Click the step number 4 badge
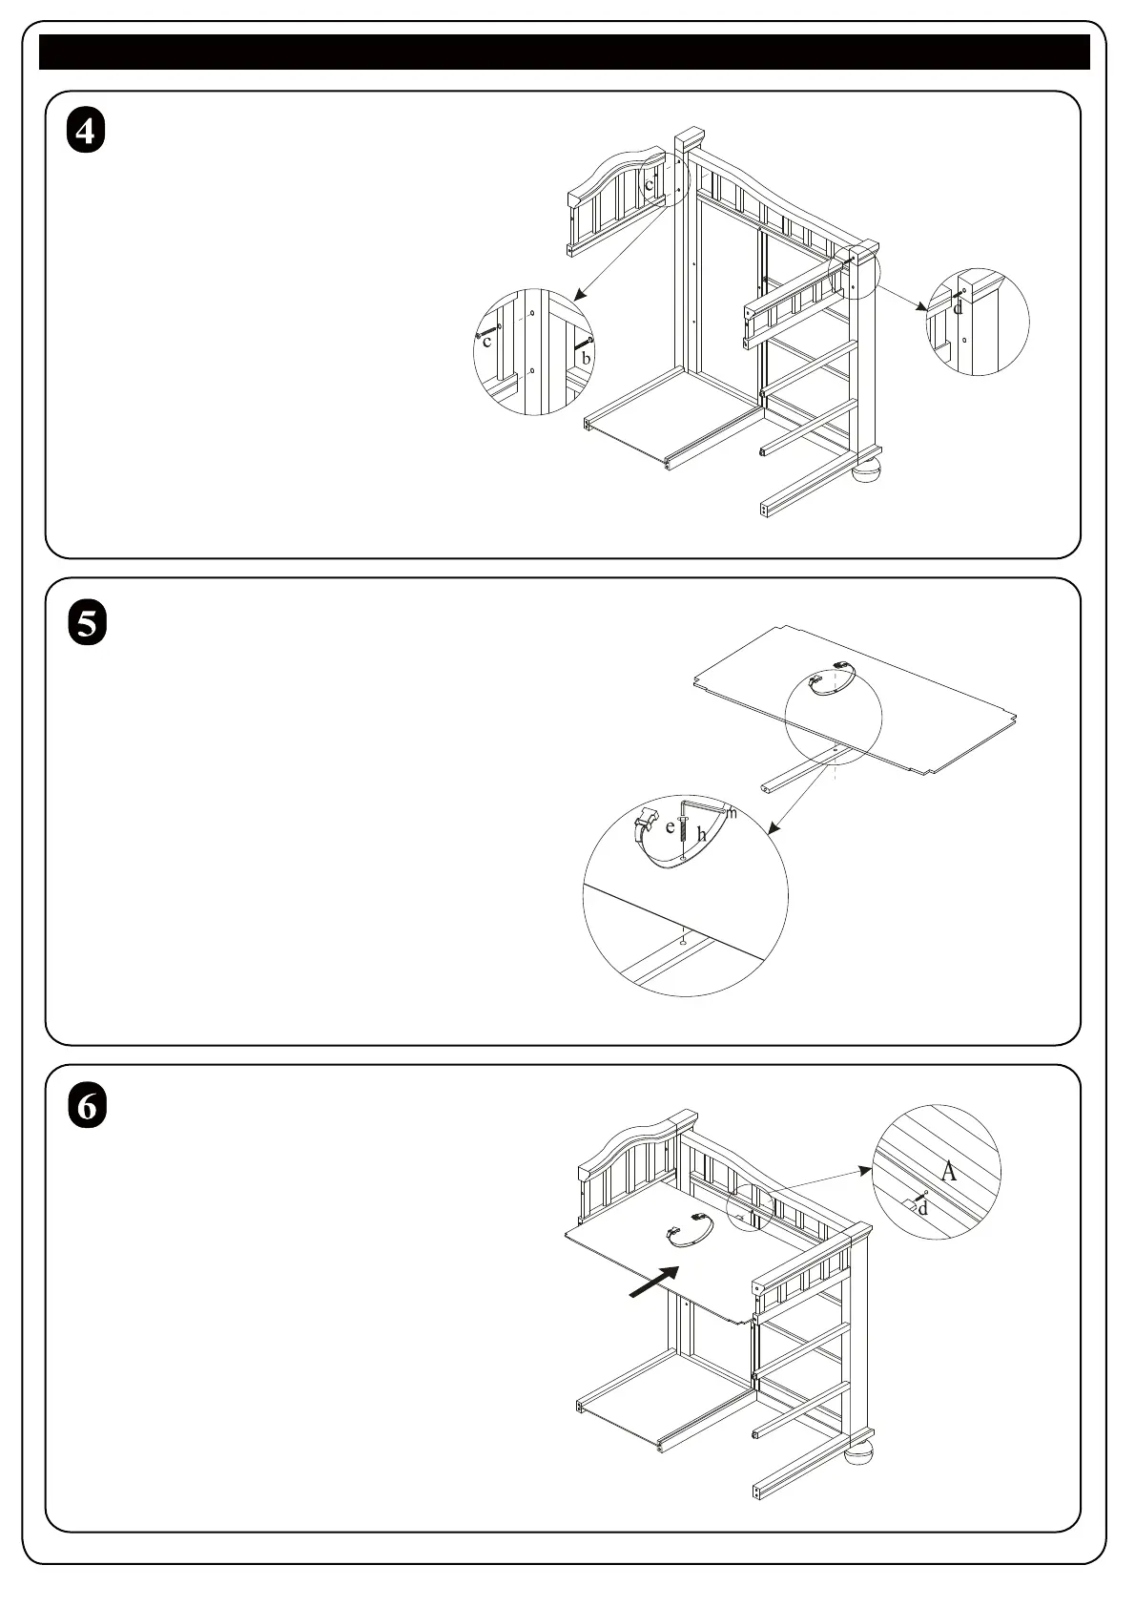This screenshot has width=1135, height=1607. [x=86, y=132]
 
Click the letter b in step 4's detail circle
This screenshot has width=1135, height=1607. [x=587, y=357]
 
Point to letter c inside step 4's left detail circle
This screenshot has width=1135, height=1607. [x=486, y=342]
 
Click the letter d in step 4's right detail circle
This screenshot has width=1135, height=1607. [x=959, y=308]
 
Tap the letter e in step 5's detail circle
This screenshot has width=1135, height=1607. [x=671, y=827]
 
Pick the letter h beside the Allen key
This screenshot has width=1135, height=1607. [x=702, y=835]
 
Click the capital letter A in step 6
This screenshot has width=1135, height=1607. [x=948, y=1171]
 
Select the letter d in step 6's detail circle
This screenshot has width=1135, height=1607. [x=922, y=1209]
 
